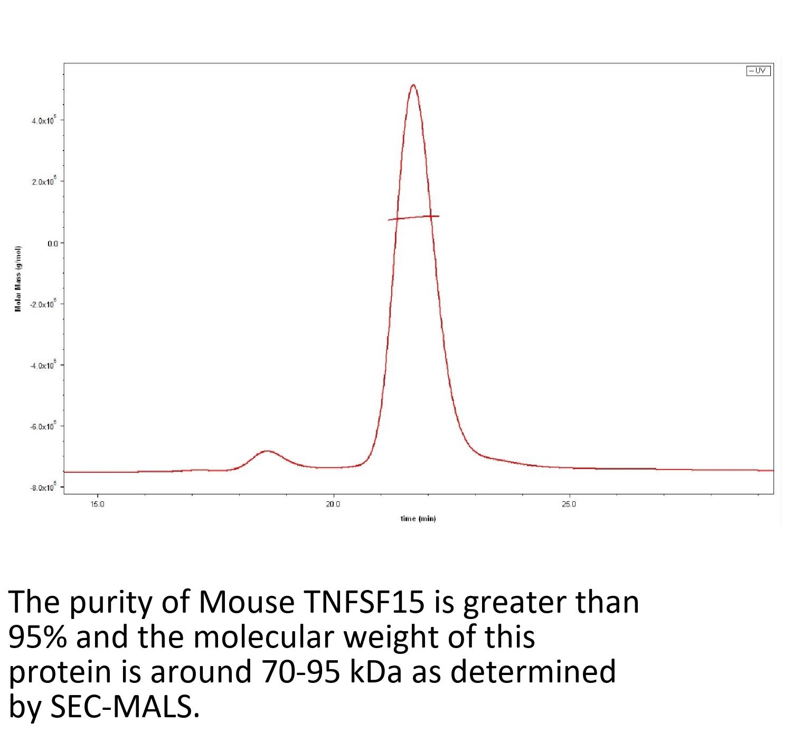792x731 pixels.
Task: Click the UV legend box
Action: tap(758, 71)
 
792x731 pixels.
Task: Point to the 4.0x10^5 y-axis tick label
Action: tap(43, 121)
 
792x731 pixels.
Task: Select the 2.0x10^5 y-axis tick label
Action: tap(43, 182)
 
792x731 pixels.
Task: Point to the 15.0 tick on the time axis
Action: tap(98, 504)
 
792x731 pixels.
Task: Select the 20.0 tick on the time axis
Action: tap(333, 504)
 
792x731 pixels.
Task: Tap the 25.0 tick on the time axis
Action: tap(569, 504)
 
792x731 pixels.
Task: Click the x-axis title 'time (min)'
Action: tap(418, 519)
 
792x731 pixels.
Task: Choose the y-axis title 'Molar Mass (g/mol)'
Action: tap(18, 279)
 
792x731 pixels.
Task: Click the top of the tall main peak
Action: tap(413, 85)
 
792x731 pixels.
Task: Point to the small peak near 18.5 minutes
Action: tap(267, 452)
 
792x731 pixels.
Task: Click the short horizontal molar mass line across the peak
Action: tap(413, 218)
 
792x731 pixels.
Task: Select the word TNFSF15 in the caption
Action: tap(363, 602)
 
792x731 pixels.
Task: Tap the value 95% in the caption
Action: tap(37, 638)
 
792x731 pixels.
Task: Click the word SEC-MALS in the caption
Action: tap(125, 708)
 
